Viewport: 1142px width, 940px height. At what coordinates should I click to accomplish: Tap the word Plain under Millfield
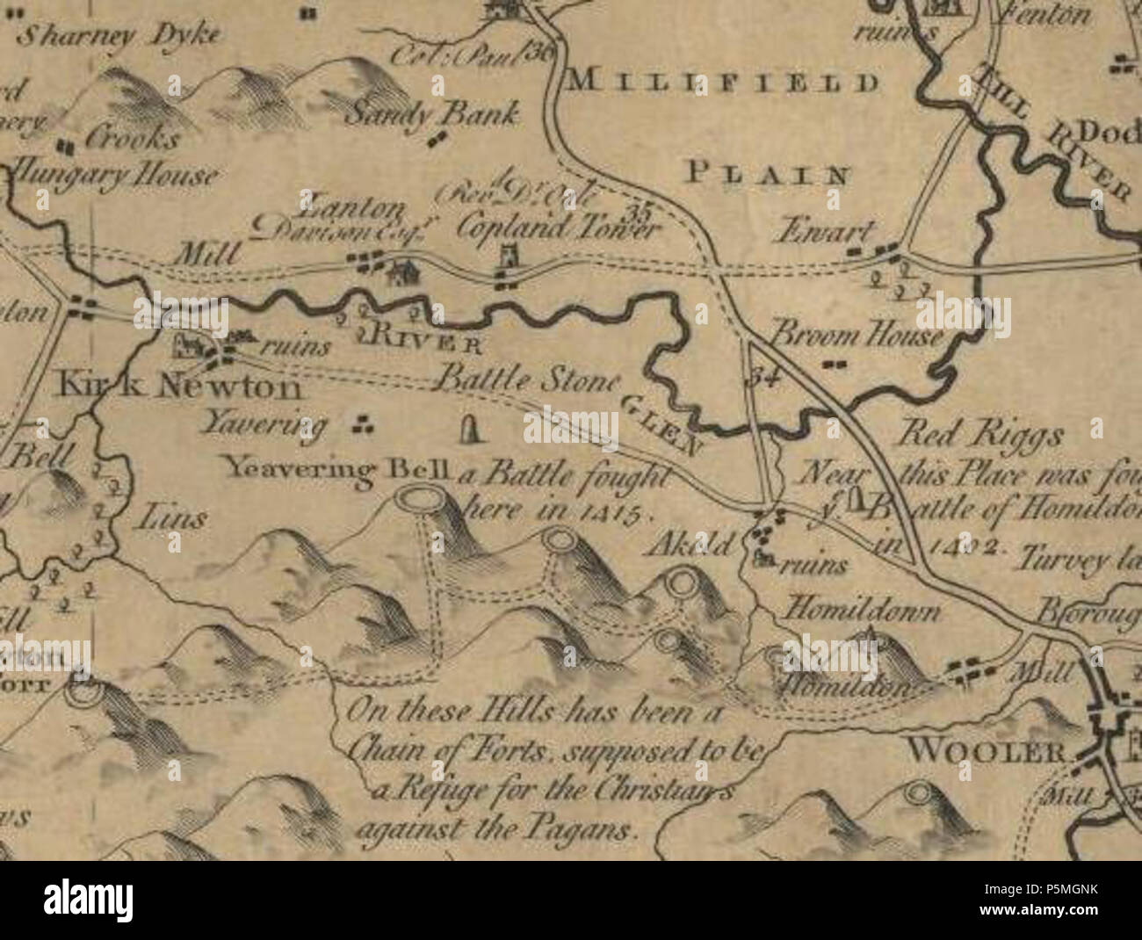tap(768, 172)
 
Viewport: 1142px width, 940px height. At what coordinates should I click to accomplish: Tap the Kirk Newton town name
tap(180, 387)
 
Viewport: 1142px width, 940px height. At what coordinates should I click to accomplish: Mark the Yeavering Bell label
tap(337, 469)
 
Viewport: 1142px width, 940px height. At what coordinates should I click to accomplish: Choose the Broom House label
tap(856, 336)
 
